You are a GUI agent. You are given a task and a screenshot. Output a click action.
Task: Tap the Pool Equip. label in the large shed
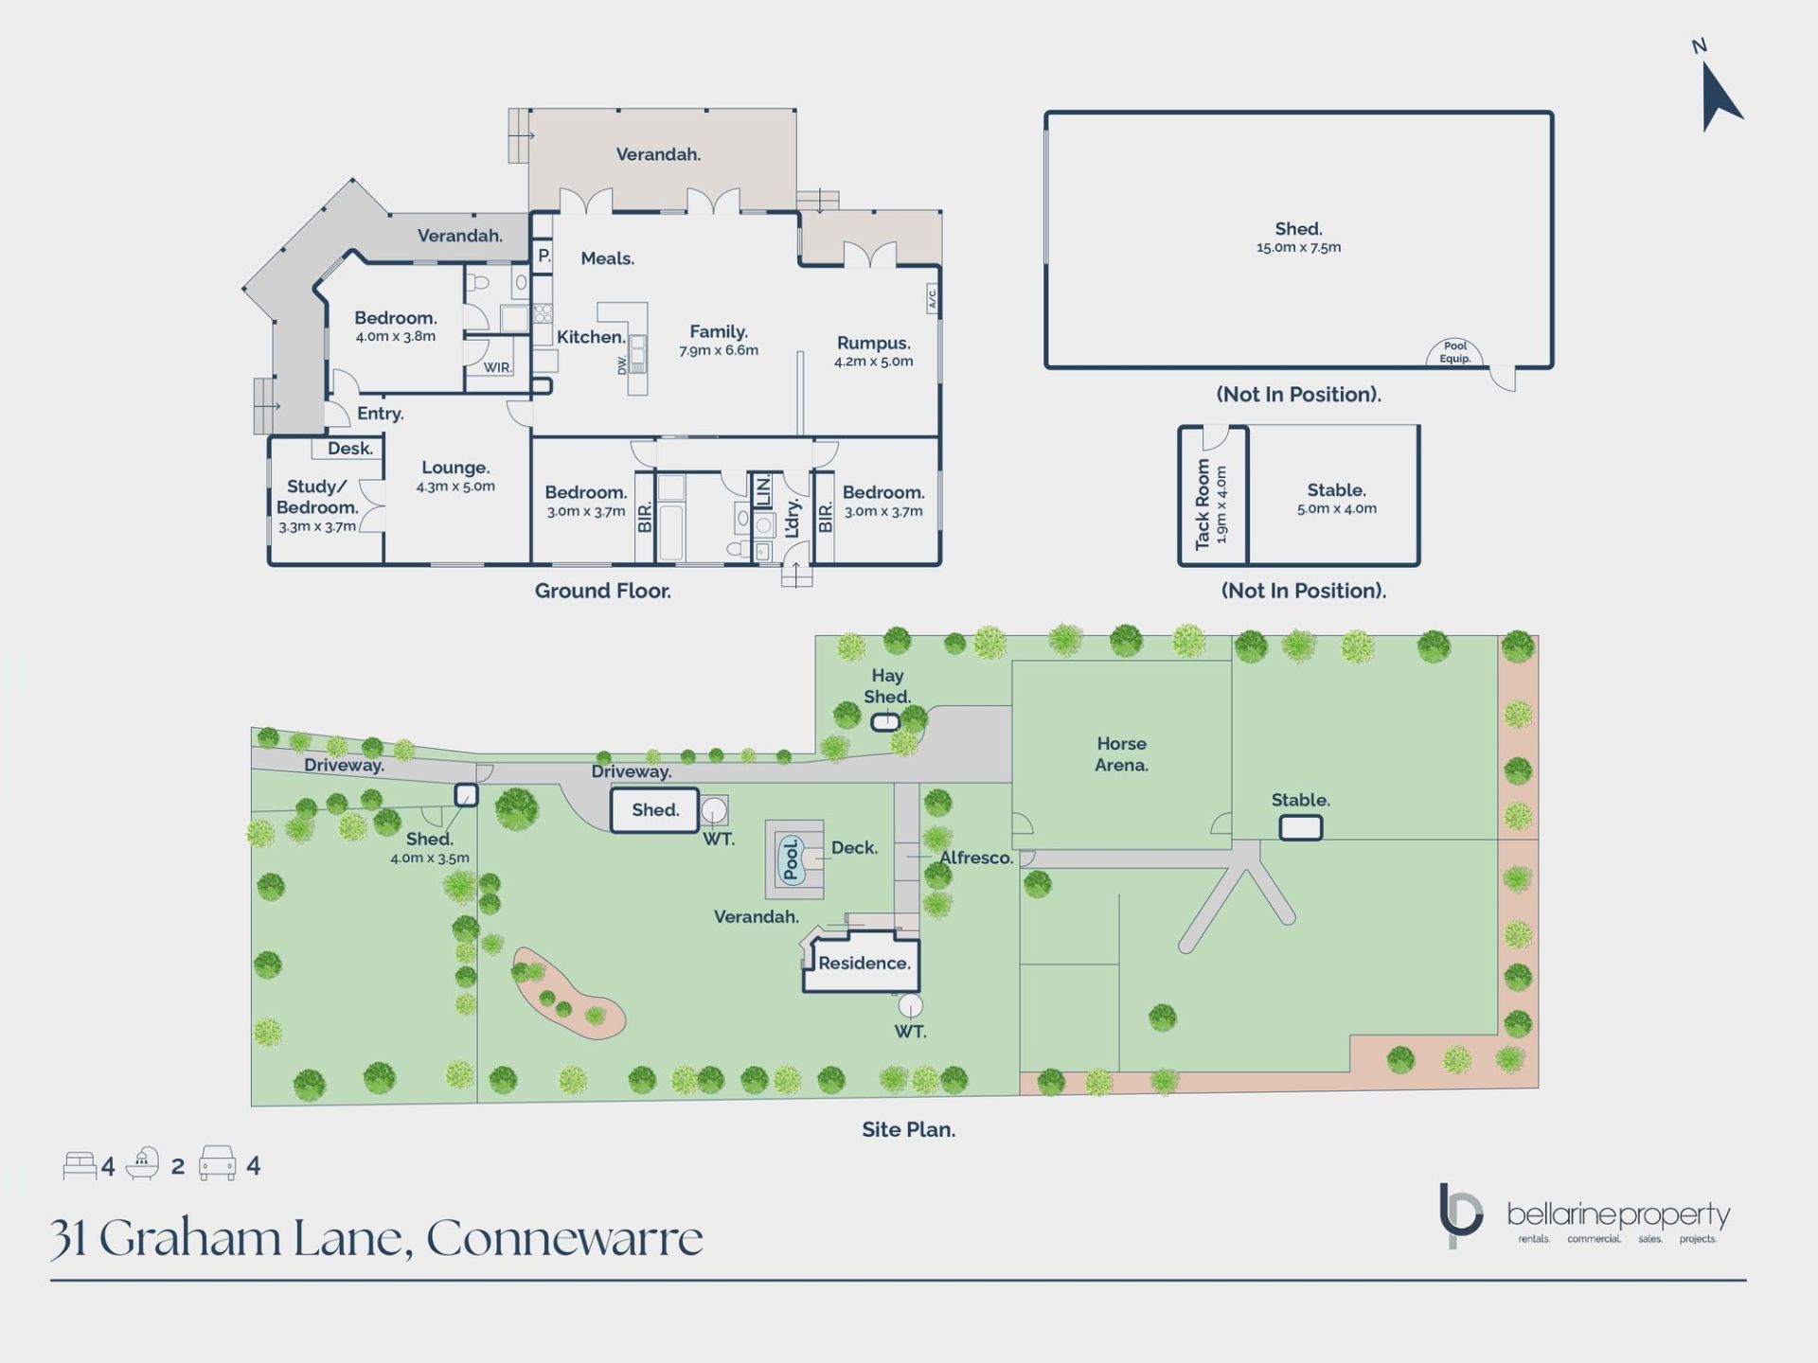(x=1454, y=352)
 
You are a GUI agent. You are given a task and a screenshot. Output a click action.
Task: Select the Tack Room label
(x=1203, y=504)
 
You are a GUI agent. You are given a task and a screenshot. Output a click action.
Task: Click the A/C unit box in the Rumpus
(x=932, y=299)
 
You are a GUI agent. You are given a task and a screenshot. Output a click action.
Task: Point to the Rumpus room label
(x=873, y=344)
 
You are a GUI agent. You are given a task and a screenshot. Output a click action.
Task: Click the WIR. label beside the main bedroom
(x=497, y=367)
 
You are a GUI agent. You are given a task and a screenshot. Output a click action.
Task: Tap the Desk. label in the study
(x=350, y=449)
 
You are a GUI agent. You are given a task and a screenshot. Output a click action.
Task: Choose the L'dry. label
(x=793, y=518)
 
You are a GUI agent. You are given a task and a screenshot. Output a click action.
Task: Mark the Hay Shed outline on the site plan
(x=885, y=723)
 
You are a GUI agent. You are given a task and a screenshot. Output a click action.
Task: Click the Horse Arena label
(x=1121, y=754)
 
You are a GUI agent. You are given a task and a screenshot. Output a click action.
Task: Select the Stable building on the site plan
(x=1300, y=828)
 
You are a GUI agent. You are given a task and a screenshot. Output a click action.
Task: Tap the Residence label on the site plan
(x=864, y=964)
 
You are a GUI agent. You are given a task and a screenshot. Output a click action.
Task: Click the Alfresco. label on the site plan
(x=975, y=858)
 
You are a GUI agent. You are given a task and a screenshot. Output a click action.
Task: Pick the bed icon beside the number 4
(x=80, y=1165)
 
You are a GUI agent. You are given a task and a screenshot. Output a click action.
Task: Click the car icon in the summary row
(x=217, y=1164)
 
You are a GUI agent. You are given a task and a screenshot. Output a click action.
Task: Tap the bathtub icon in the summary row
(x=143, y=1164)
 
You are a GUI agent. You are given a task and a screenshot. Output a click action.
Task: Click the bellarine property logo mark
(x=1460, y=1214)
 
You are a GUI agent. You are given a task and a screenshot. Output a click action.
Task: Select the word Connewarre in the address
(x=564, y=1238)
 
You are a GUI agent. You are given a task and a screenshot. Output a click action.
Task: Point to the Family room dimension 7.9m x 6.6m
(x=719, y=351)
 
